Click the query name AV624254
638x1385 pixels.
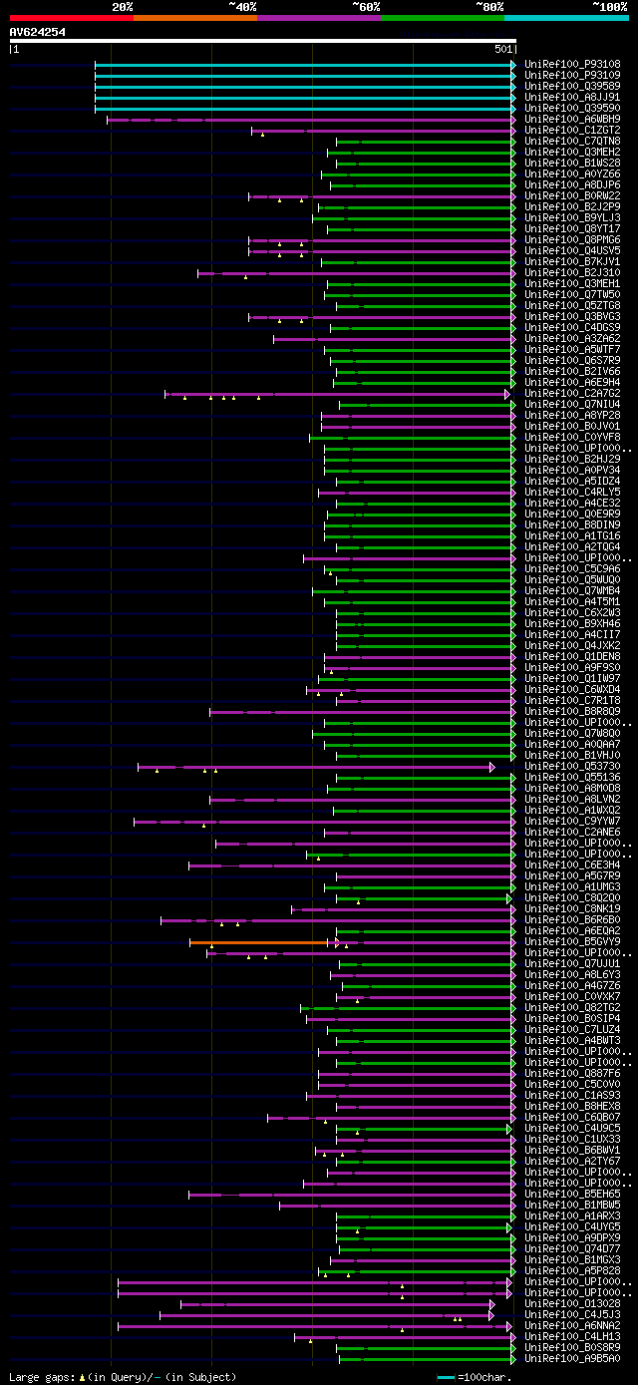coord(38,32)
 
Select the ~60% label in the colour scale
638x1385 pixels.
coord(365,6)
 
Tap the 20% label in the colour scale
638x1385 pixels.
coord(123,6)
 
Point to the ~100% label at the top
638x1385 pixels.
coord(609,6)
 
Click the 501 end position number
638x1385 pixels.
coord(503,49)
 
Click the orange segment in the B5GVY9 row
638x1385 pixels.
coord(258,942)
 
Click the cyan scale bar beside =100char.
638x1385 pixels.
coord(446,1377)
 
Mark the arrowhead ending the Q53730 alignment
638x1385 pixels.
coord(492,767)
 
